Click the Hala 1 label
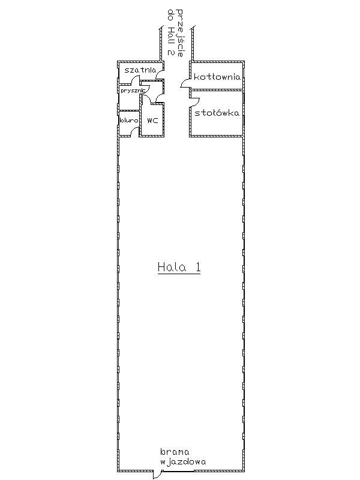179,267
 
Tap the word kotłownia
217,77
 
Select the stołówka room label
217,113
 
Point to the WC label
152,121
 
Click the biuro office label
129,121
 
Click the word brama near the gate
175,452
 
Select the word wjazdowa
183,461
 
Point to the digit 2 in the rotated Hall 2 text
171,52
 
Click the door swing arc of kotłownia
184,82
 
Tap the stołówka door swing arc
196,102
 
